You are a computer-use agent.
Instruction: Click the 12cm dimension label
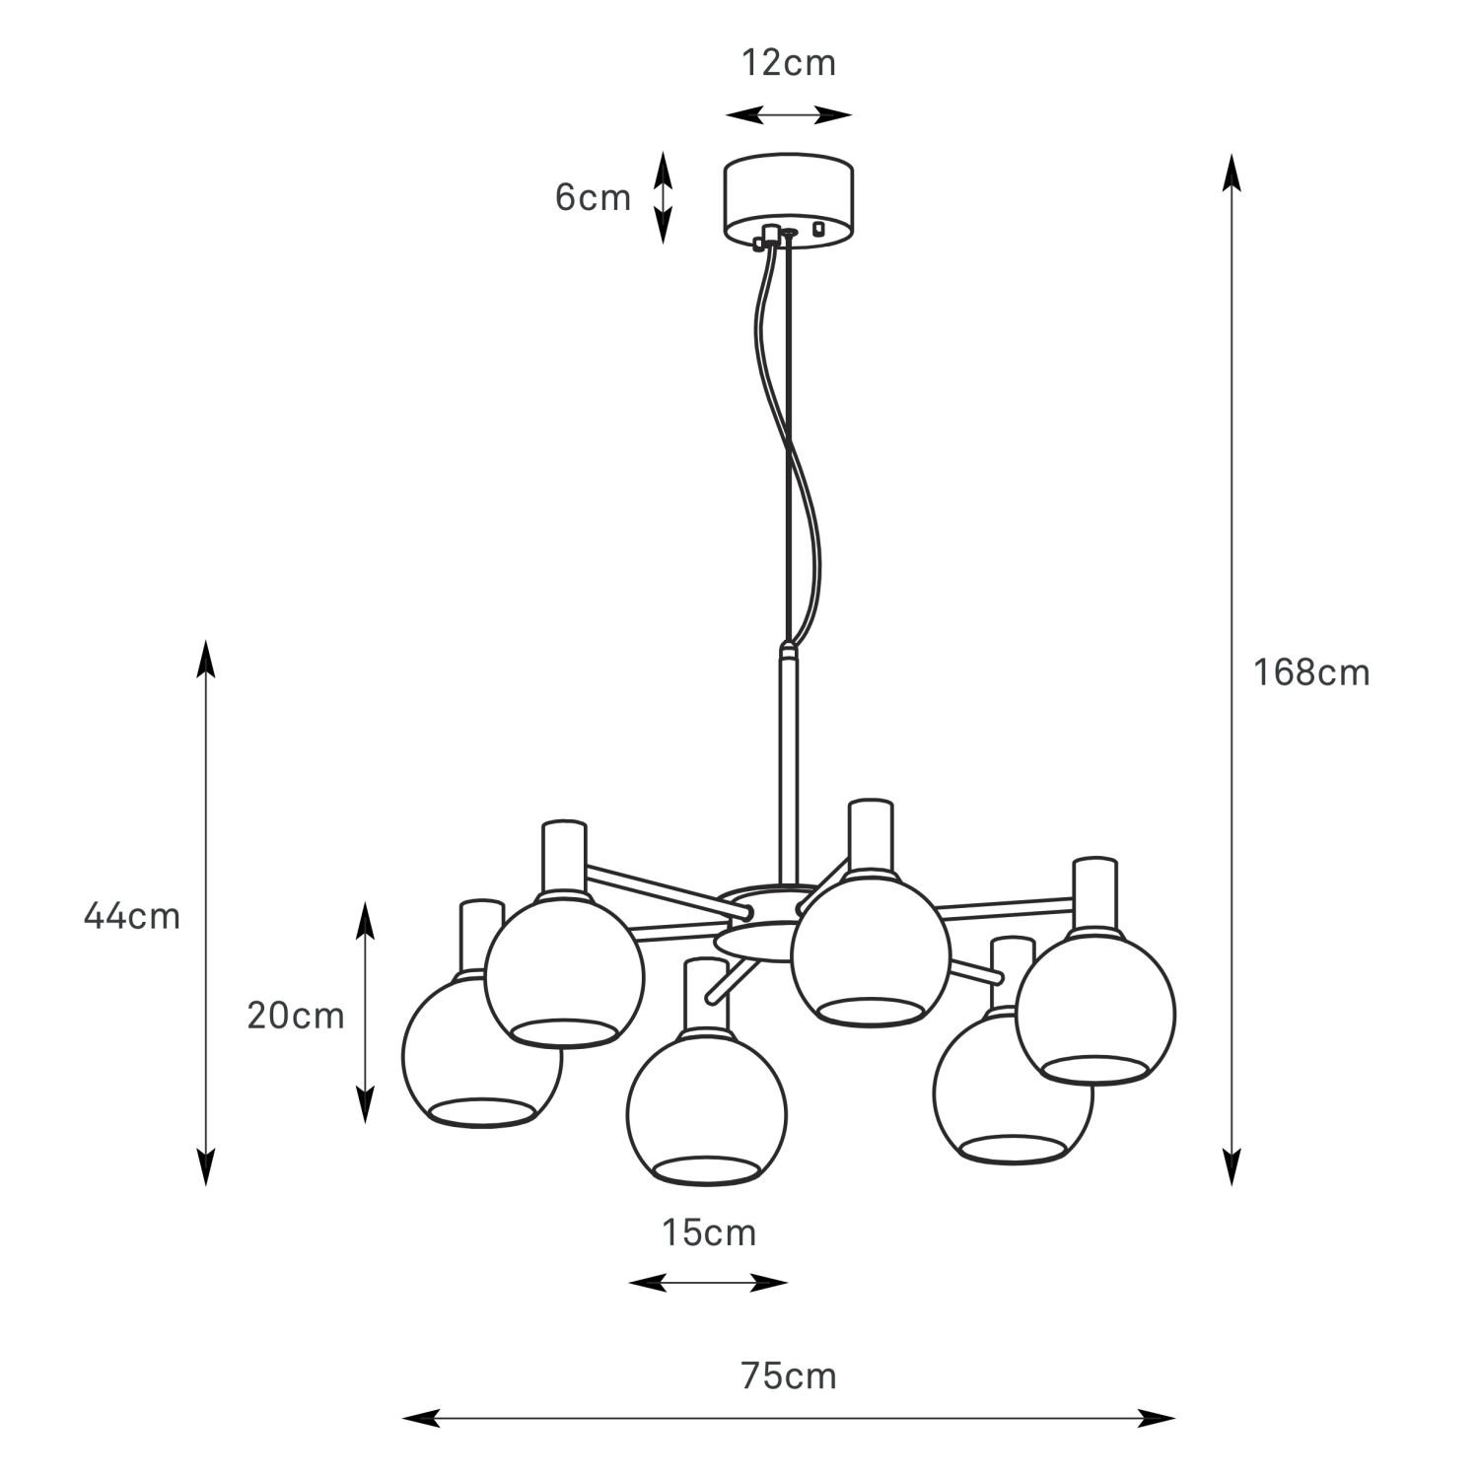(x=788, y=63)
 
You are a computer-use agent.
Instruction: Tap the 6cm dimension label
(x=592, y=198)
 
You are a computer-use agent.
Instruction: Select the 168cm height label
(x=1311, y=672)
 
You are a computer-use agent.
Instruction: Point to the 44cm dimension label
(x=132, y=916)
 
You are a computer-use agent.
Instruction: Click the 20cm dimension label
(x=296, y=1015)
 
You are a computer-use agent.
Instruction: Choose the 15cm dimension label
(x=709, y=1232)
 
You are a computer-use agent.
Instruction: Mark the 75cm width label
(x=788, y=1375)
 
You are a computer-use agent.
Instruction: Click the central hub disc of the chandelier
(x=759, y=940)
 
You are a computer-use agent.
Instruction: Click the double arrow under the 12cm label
(x=789, y=115)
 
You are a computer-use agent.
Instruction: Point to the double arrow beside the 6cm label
(x=663, y=197)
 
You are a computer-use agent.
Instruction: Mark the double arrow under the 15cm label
(x=708, y=1283)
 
